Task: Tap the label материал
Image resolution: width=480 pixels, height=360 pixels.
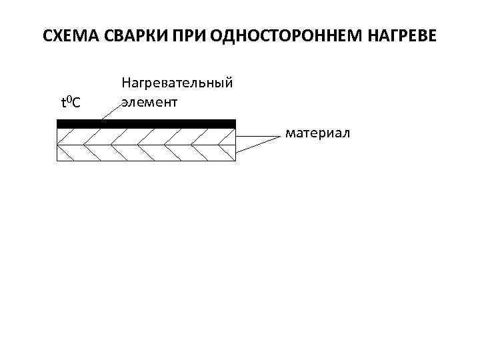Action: click(x=317, y=134)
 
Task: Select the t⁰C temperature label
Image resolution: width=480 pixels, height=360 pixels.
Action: click(x=71, y=102)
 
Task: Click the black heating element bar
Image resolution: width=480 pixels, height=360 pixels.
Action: click(x=147, y=123)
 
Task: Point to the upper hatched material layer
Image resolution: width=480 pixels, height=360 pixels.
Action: click(x=147, y=136)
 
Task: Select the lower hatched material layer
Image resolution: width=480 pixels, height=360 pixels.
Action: click(x=147, y=153)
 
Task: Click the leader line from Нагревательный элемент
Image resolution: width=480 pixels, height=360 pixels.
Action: click(x=110, y=111)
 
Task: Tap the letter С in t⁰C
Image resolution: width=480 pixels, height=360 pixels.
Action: click(x=77, y=103)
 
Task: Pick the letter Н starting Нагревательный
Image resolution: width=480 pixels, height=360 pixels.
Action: click(x=125, y=83)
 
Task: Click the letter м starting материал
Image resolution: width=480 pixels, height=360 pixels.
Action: click(x=290, y=134)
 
